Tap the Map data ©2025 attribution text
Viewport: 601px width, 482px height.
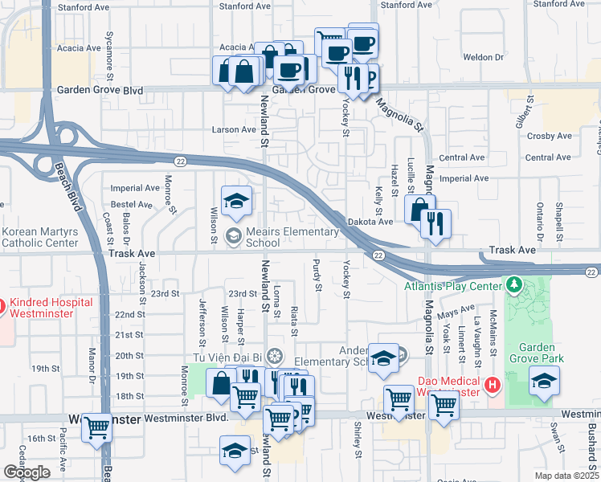click(567, 476)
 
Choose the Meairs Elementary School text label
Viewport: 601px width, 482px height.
click(292, 237)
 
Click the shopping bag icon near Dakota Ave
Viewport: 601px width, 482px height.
click(420, 211)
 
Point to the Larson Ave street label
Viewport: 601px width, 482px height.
click(233, 129)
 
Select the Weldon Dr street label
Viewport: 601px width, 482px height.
click(483, 58)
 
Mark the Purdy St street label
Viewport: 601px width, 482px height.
click(318, 276)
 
